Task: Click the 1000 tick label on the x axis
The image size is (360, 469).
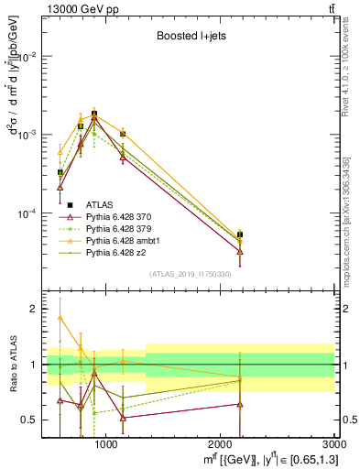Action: tap(106, 445)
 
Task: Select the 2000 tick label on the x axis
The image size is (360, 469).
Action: tap(221, 445)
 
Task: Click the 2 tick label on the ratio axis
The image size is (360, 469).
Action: tap(34, 309)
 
